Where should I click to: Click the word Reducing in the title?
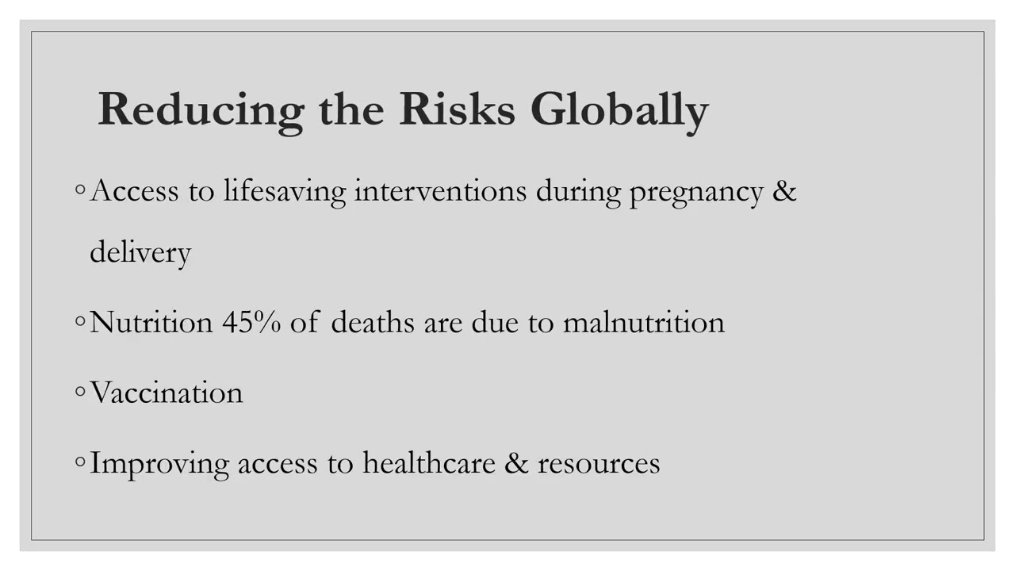click(201, 110)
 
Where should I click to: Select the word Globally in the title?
click(619, 110)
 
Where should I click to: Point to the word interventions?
click(440, 191)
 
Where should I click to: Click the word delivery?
click(140, 253)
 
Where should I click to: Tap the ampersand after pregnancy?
click(784, 191)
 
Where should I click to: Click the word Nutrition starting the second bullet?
click(151, 322)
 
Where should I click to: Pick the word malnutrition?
click(643, 322)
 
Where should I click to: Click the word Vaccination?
click(167, 393)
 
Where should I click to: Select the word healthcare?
click(429, 462)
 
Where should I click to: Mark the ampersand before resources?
click(516, 462)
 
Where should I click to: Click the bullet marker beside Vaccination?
click(80, 392)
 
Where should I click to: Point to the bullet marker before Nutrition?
click(80, 321)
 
